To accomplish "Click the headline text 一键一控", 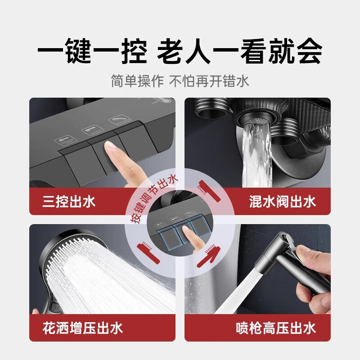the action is [x=92, y=51].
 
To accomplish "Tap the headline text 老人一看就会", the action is [x=240, y=51].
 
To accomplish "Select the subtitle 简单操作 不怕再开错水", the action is [x=180, y=81].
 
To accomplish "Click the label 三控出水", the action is [x=69, y=202].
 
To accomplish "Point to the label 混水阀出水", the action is [x=283, y=202].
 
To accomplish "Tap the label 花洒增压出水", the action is [x=83, y=328].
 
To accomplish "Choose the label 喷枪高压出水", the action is [x=276, y=328].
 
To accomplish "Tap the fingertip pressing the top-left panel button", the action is [x=110, y=146].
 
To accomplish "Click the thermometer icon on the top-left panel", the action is [x=165, y=100].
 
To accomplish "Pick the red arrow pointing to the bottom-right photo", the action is [x=208, y=256].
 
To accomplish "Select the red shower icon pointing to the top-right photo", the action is [x=209, y=190].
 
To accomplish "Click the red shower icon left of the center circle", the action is [x=148, y=252].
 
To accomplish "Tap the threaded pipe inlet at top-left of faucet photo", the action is [x=211, y=108].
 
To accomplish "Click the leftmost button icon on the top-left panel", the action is [x=65, y=140].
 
